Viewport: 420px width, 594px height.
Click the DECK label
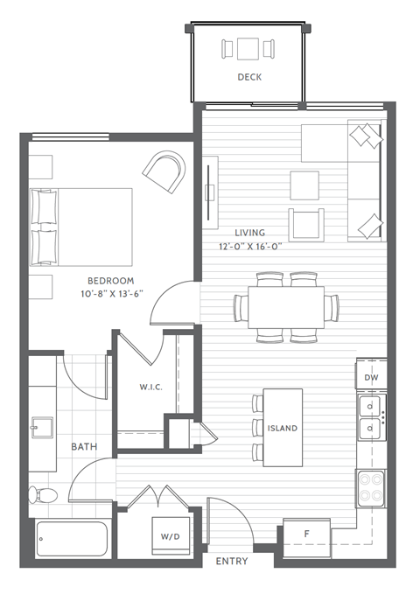click(249, 77)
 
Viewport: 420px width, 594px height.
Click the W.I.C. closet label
click(151, 386)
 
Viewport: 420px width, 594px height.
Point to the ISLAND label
click(283, 429)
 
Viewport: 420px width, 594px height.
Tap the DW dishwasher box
click(371, 376)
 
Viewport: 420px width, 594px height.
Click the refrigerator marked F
click(306, 534)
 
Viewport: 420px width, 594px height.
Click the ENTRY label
click(231, 562)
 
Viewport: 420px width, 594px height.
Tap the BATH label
click(84, 446)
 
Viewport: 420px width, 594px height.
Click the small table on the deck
click(249, 48)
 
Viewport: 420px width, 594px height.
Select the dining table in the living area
click(286, 307)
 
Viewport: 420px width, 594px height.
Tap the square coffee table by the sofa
click(304, 185)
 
